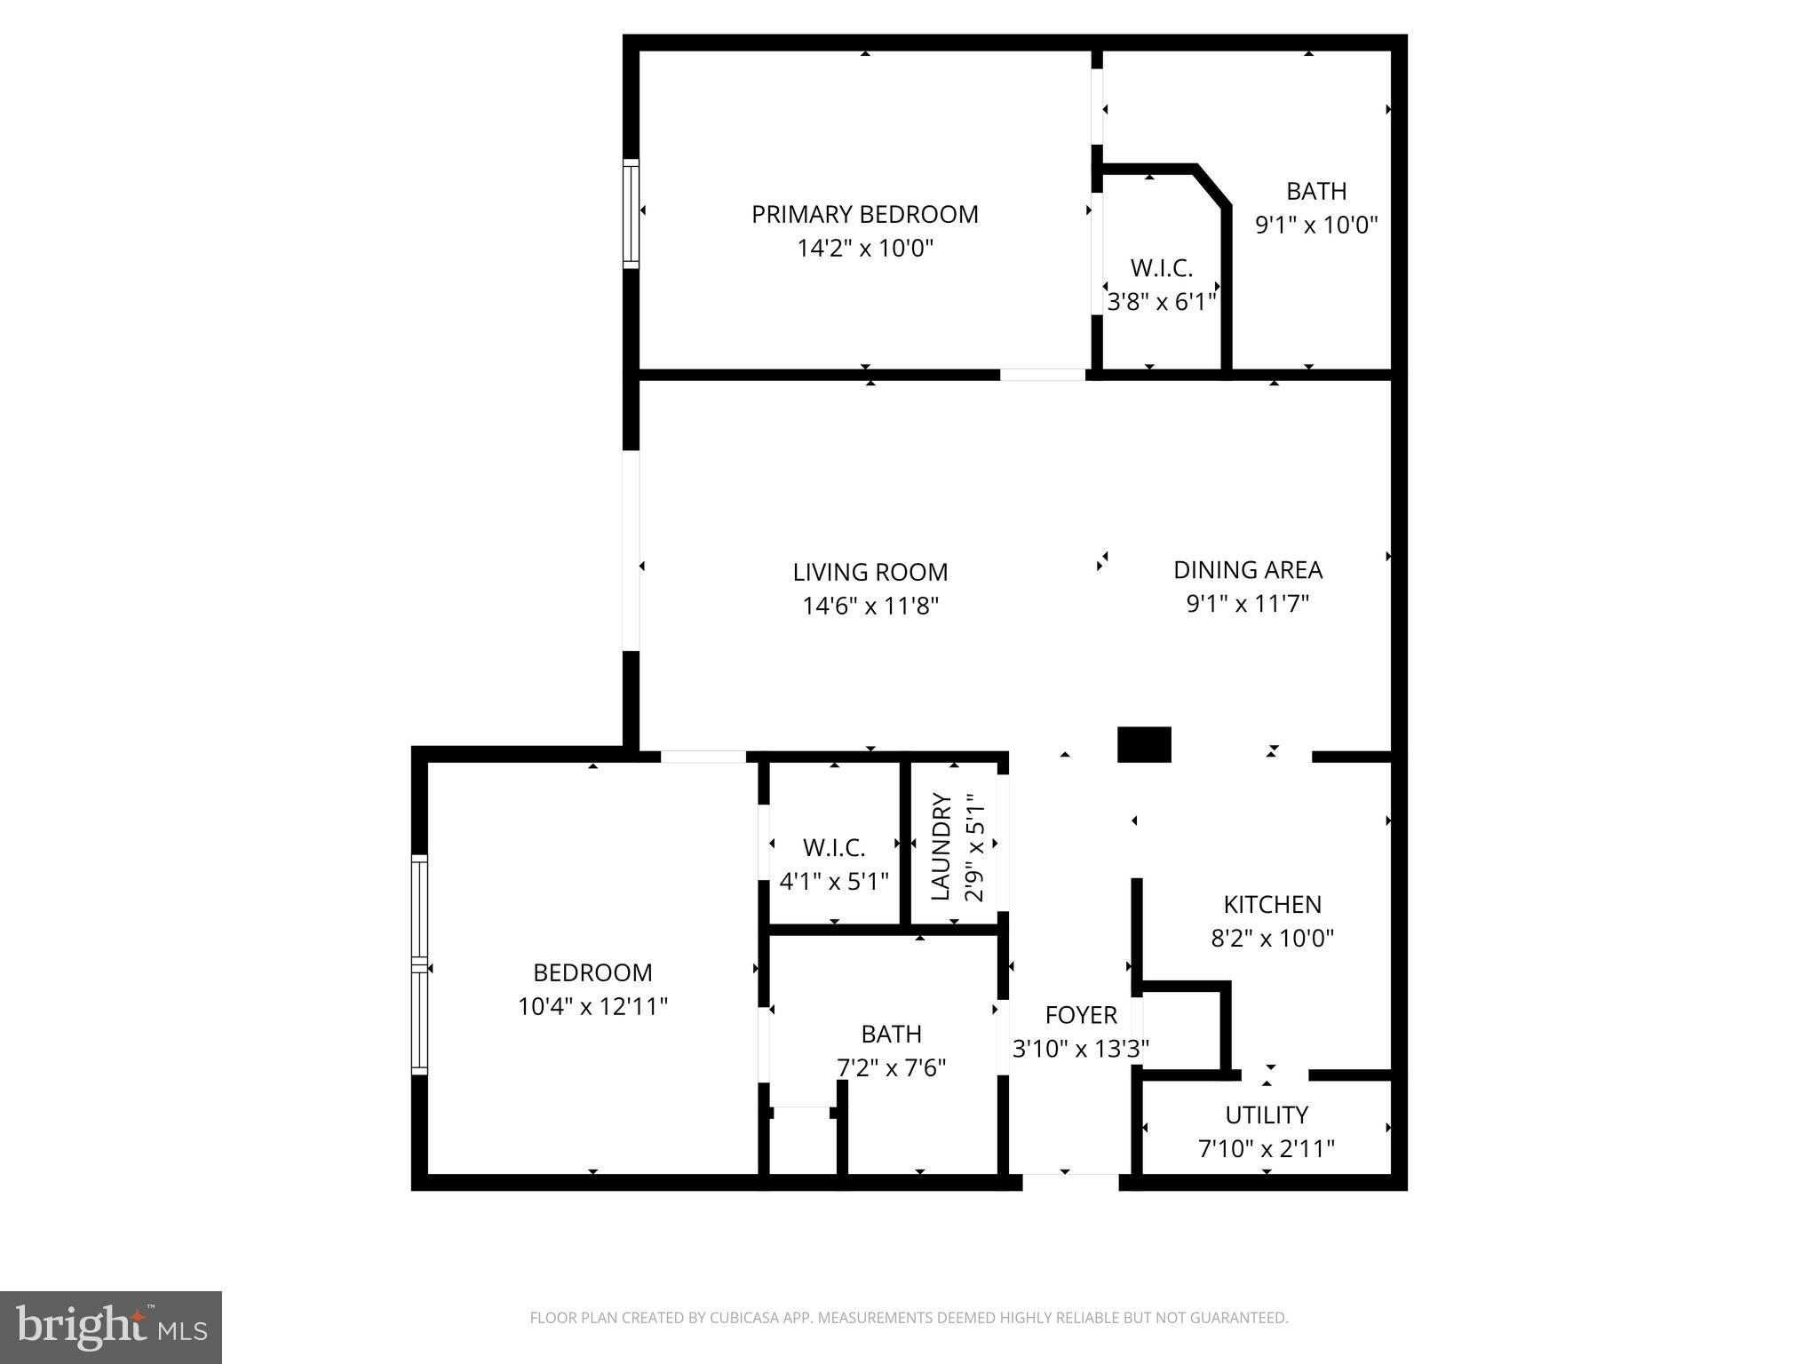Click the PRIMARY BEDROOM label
pos(864,214)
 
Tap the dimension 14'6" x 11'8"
pos(870,607)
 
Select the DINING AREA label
pos(1248,570)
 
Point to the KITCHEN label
pos(1272,904)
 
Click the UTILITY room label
pos(1267,1114)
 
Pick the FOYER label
pos(1081,1015)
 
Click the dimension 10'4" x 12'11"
pos(592,1007)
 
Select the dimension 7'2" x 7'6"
pos(891,1067)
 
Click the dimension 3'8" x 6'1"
pos(1161,302)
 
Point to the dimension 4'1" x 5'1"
pos(833,882)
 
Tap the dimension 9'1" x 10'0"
pos(1315,225)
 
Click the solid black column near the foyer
pos(1144,744)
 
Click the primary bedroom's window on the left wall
pos(631,213)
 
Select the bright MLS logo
pos(111,1327)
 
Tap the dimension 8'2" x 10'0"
pos(1272,939)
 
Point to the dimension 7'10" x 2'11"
pos(1267,1149)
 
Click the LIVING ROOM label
pos(870,572)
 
